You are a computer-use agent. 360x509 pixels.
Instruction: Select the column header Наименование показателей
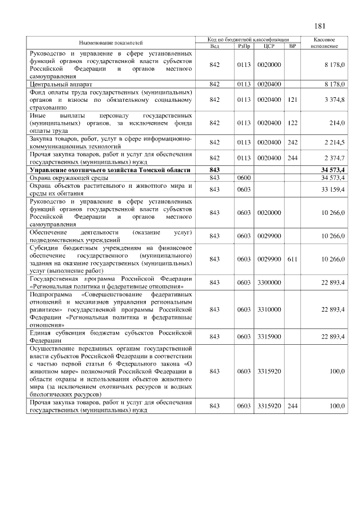(110, 43)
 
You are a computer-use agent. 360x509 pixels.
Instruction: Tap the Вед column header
(214, 46)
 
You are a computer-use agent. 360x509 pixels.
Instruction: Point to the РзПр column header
(244, 46)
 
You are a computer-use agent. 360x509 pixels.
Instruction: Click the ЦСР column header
(268, 46)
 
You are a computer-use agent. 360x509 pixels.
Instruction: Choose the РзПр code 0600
(244, 178)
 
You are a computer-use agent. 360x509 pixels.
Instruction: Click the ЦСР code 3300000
(268, 282)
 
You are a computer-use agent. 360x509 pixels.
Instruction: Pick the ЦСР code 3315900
(268, 336)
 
